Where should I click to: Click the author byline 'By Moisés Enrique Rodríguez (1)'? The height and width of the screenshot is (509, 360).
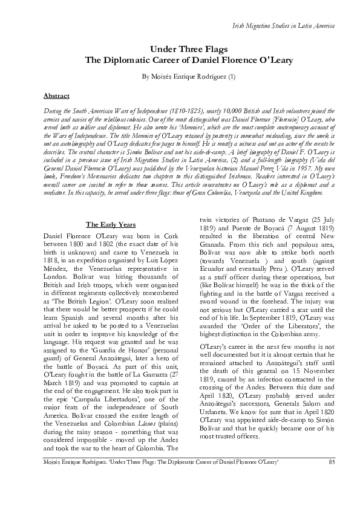click(180, 78)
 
